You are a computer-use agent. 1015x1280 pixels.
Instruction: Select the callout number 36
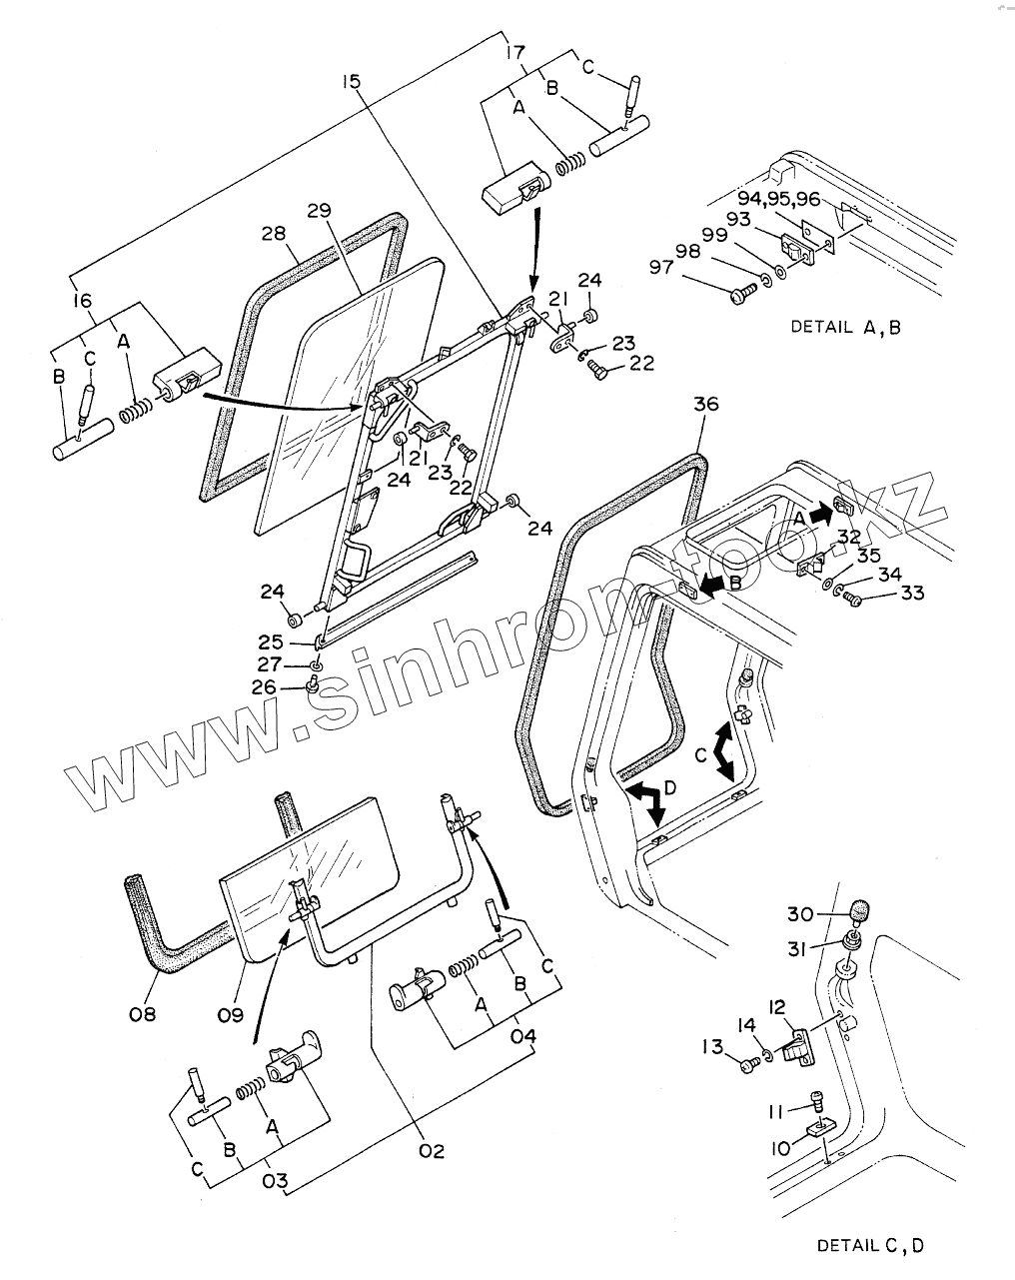(x=705, y=405)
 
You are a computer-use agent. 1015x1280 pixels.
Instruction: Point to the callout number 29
(x=319, y=211)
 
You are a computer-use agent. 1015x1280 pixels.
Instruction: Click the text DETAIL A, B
(x=845, y=327)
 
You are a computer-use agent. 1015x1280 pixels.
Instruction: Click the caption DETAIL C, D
(x=870, y=1245)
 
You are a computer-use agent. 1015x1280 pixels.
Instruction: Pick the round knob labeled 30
(x=860, y=911)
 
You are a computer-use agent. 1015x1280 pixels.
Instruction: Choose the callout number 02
(x=432, y=1151)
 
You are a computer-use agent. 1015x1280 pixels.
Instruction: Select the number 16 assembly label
(x=83, y=299)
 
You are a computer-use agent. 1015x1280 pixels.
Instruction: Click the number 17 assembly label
(x=515, y=51)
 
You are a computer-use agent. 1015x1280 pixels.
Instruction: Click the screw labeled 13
(x=749, y=1066)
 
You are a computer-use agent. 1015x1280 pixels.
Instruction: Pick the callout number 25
(x=271, y=642)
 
